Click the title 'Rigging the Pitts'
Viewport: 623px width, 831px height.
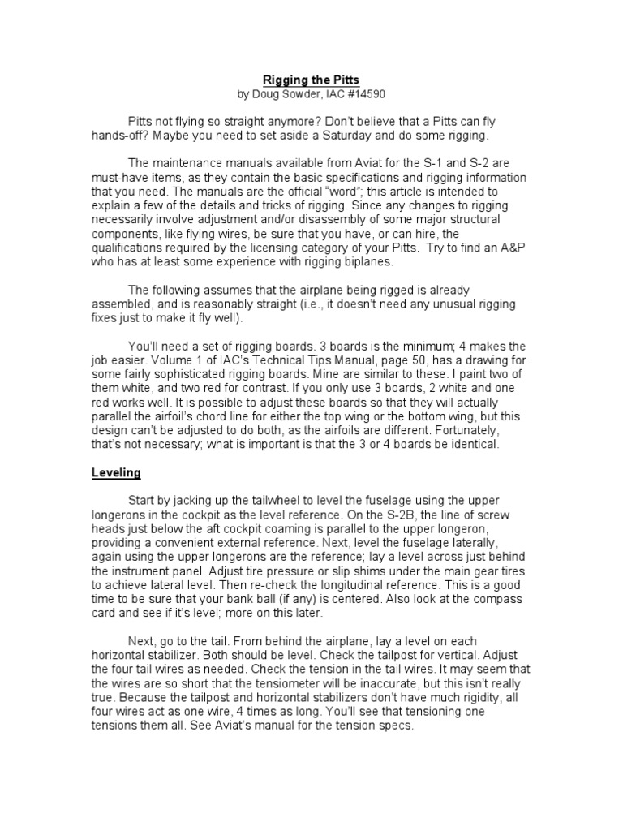click(x=311, y=80)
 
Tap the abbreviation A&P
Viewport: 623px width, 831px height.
click(x=479, y=247)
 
